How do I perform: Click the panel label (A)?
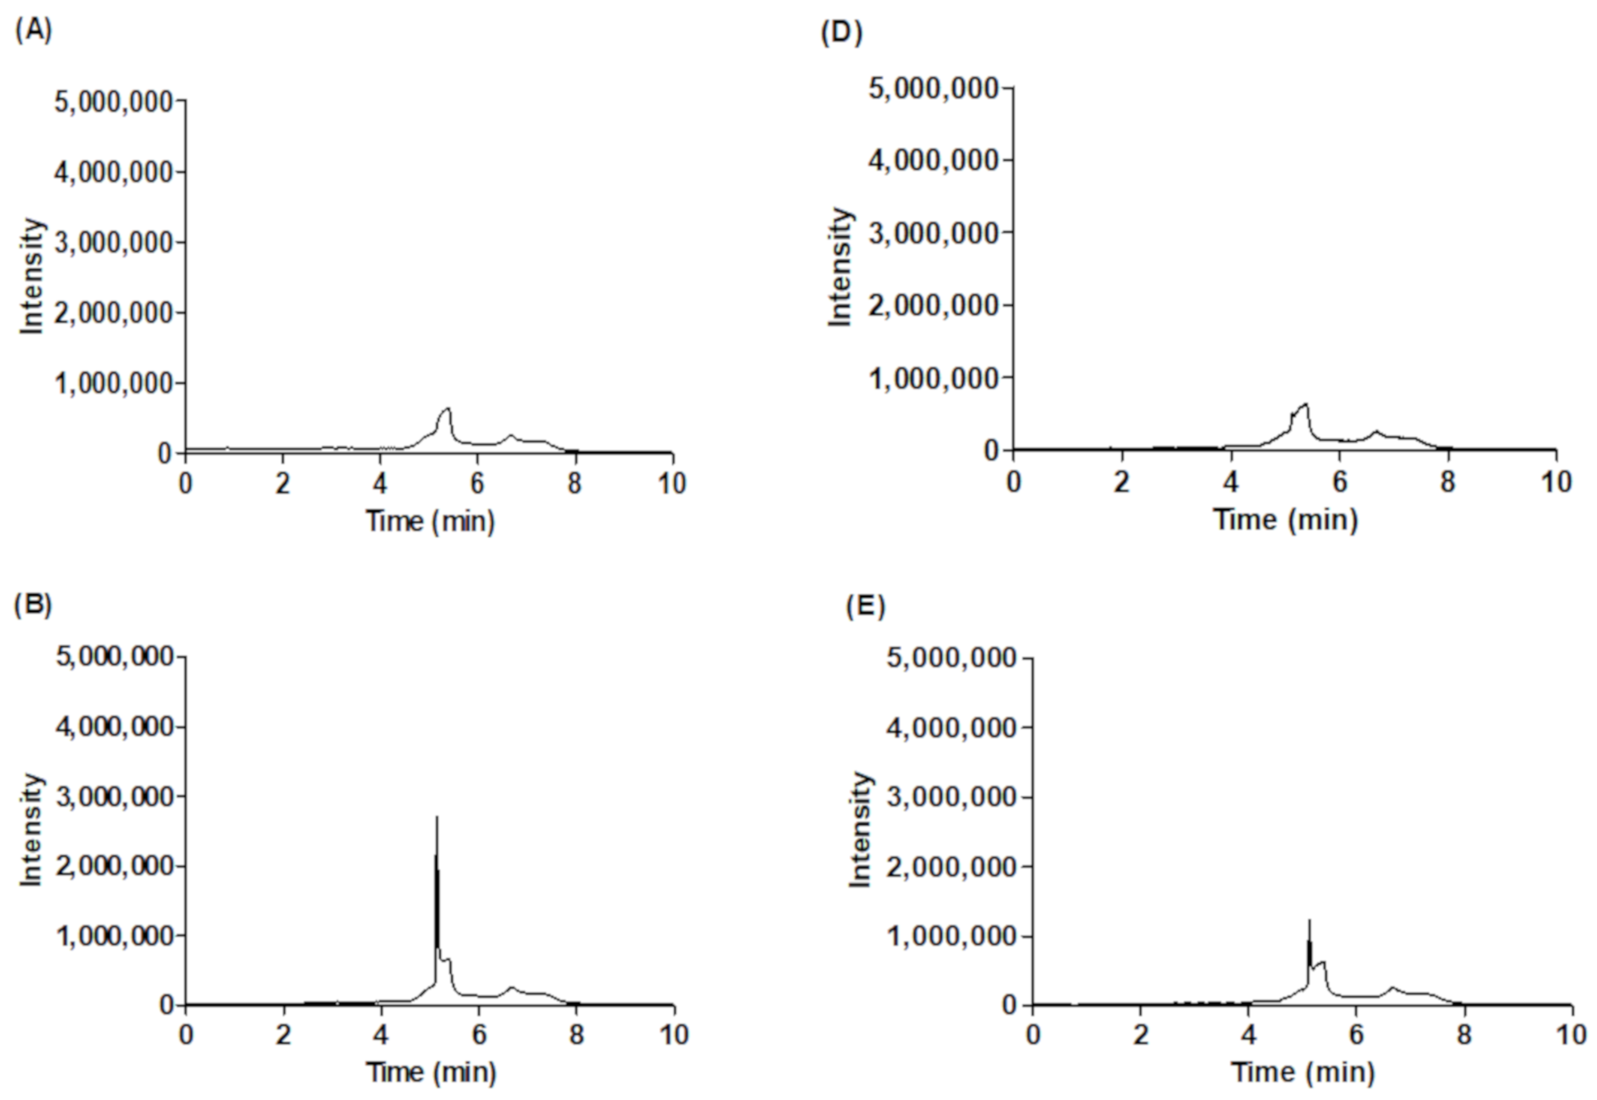click(x=33, y=31)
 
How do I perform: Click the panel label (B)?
click(x=33, y=604)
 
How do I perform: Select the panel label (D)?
click(x=841, y=33)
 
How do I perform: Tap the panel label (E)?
click(x=865, y=607)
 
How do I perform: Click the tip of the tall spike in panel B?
click(x=437, y=817)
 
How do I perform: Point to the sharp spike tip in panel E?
click(x=1309, y=920)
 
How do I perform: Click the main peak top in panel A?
click(x=448, y=409)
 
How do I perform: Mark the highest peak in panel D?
click(x=1305, y=404)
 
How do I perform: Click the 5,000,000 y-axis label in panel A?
click(x=113, y=102)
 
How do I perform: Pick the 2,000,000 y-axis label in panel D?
click(x=933, y=305)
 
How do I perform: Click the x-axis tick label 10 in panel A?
click(x=671, y=484)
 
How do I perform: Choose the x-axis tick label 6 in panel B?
click(x=479, y=1034)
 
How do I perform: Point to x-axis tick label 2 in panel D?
click(x=1121, y=482)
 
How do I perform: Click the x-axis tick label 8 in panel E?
click(x=1464, y=1034)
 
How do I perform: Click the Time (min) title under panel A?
click(x=430, y=521)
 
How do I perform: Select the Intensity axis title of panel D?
click(x=840, y=267)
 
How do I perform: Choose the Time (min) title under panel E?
click(x=1302, y=1073)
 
